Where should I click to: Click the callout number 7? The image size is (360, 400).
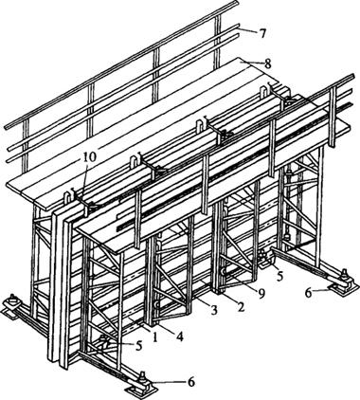pyautogui.click(x=262, y=33)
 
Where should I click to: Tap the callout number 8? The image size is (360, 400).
pyautogui.click(x=267, y=64)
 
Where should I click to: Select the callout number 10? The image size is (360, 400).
pyautogui.click(x=89, y=157)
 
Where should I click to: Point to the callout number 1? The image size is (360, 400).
pyautogui.click(x=154, y=337)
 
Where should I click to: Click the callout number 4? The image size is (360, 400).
pyautogui.click(x=180, y=337)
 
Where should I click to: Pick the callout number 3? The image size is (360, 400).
pyautogui.click(x=214, y=311)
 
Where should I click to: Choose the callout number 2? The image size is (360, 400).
pyautogui.click(x=241, y=307)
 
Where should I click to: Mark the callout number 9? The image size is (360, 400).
pyautogui.click(x=261, y=295)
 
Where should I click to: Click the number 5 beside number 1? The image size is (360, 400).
pyautogui.click(x=139, y=346)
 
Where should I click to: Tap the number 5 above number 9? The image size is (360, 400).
pyautogui.click(x=279, y=276)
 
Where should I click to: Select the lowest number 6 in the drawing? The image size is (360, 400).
pyautogui.click(x=191, y=382)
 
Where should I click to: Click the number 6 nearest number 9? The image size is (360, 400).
pyautogui.click(x=308, y=293)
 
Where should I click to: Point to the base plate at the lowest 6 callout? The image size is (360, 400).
pyautogui.click(x=141, y=387)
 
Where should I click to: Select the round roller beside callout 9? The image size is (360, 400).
pyautogui.click(x=225, y=271)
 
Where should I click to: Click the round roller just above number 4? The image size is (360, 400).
pyautogui.click(x=156, y=304)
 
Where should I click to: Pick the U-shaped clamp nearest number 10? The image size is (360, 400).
pyautogui.click(x=66, y=200)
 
